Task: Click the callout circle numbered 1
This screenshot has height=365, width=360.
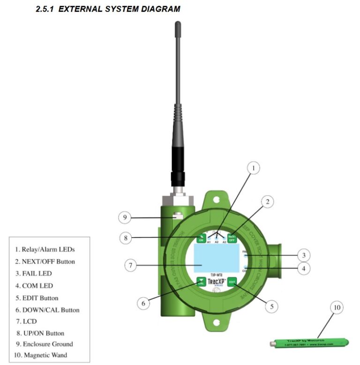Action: (253, 168)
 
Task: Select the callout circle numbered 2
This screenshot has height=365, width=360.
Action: (267, 202)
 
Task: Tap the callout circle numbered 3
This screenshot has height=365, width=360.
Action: (304, 255)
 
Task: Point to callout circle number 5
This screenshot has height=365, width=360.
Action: (270, 306)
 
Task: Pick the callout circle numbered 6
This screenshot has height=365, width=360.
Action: (144, 303)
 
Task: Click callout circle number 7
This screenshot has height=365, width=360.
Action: (131, 265)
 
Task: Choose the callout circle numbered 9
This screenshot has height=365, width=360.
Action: (124, 217)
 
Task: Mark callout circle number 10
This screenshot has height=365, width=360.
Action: (336, 308)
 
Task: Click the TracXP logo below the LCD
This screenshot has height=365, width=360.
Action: (217, 282)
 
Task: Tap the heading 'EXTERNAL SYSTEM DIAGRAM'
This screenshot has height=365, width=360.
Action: (108, 9)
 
